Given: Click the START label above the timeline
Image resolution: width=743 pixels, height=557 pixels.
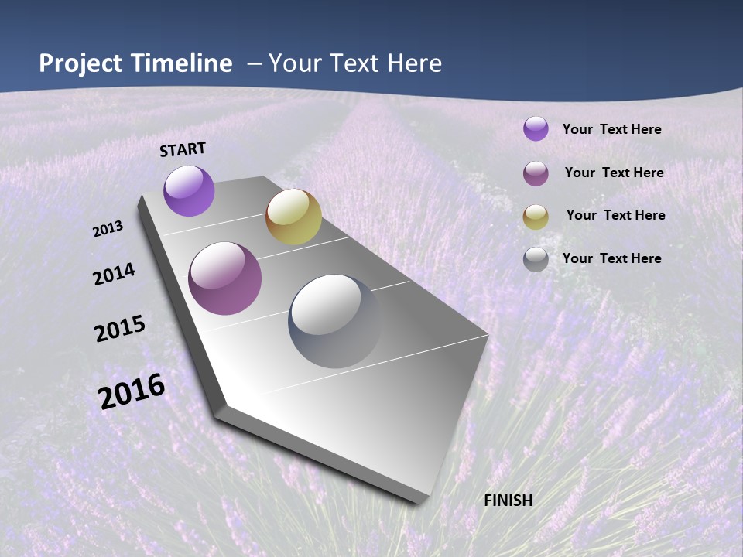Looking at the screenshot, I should coord(183,149).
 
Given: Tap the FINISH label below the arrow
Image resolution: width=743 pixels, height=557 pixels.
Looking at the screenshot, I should coord(508,501).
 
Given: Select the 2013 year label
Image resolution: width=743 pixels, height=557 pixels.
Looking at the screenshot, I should coord(108,229).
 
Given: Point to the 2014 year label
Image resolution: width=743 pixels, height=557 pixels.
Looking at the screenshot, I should coord(114,275).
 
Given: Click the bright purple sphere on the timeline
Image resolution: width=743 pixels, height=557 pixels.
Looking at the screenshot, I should coord(189,190).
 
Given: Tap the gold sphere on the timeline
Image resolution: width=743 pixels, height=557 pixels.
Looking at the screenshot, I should coord(293,217).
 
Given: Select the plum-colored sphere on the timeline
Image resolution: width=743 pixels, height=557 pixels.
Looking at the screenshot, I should coord(225,278).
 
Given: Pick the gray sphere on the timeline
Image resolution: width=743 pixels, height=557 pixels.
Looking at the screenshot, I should coord(334,321).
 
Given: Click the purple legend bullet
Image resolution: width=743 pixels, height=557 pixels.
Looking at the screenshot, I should coord(536,128).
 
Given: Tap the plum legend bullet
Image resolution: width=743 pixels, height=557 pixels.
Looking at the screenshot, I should coord(536,173).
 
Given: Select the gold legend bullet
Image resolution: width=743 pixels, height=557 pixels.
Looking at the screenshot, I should coord(536,217).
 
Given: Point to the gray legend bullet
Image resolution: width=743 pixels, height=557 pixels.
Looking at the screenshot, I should coord(536,259).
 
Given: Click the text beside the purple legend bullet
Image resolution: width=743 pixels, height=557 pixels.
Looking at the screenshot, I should coord(611,130).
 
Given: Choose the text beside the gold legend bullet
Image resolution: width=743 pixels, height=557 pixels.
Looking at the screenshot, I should coord(615,215).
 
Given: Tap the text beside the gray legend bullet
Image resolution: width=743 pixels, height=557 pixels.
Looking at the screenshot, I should coord(611,258).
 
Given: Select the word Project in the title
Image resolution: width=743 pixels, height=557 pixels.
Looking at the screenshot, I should coord(80,63).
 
